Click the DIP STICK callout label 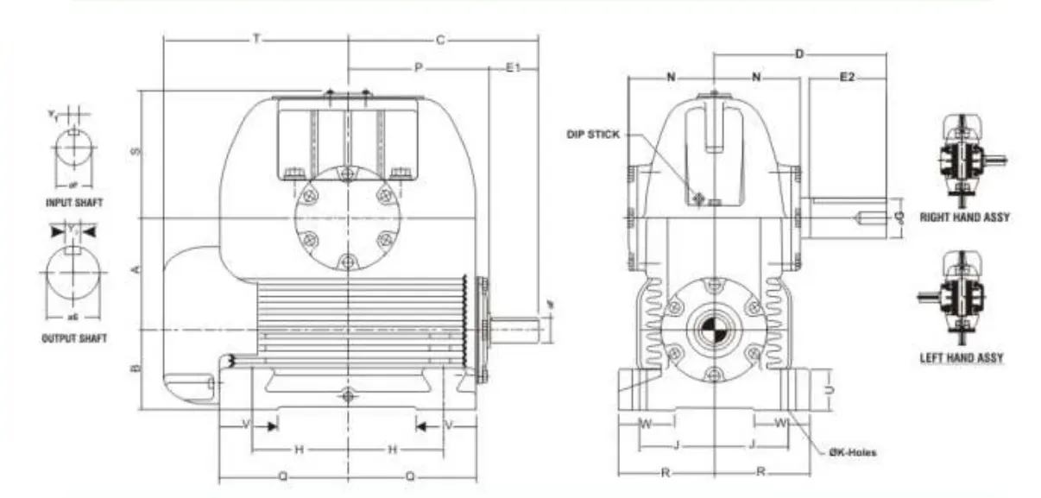(x=592, y=135)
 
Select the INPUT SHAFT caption (x=74, y=202)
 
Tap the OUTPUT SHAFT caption (x=74, y=338)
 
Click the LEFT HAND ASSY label (x=962, y=357)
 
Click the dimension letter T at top (x=256, y=40)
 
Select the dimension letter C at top (x=439, y=40)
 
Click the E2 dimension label (x=847, y=79)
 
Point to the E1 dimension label (x=513, y=67)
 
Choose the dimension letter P (x=418, y=67)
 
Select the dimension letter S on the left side (x=135, y=152)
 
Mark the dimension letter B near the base (x=135, y=369)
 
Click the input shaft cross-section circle (x=73, y=150)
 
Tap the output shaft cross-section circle (x=73, y=272)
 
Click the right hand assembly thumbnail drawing (x=963, y=161)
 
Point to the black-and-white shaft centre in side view (x=713, y=331)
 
